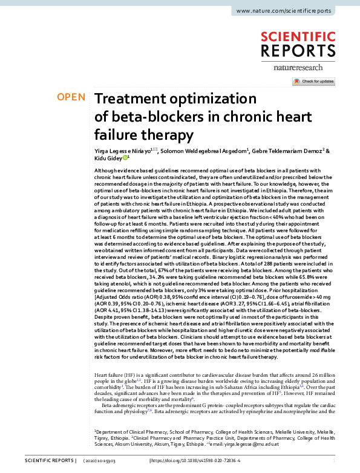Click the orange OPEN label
tap(71, 97)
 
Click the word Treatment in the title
tap(134, 99)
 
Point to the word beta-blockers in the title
tap(165, 116)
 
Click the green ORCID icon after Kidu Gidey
tap(125, 157)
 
